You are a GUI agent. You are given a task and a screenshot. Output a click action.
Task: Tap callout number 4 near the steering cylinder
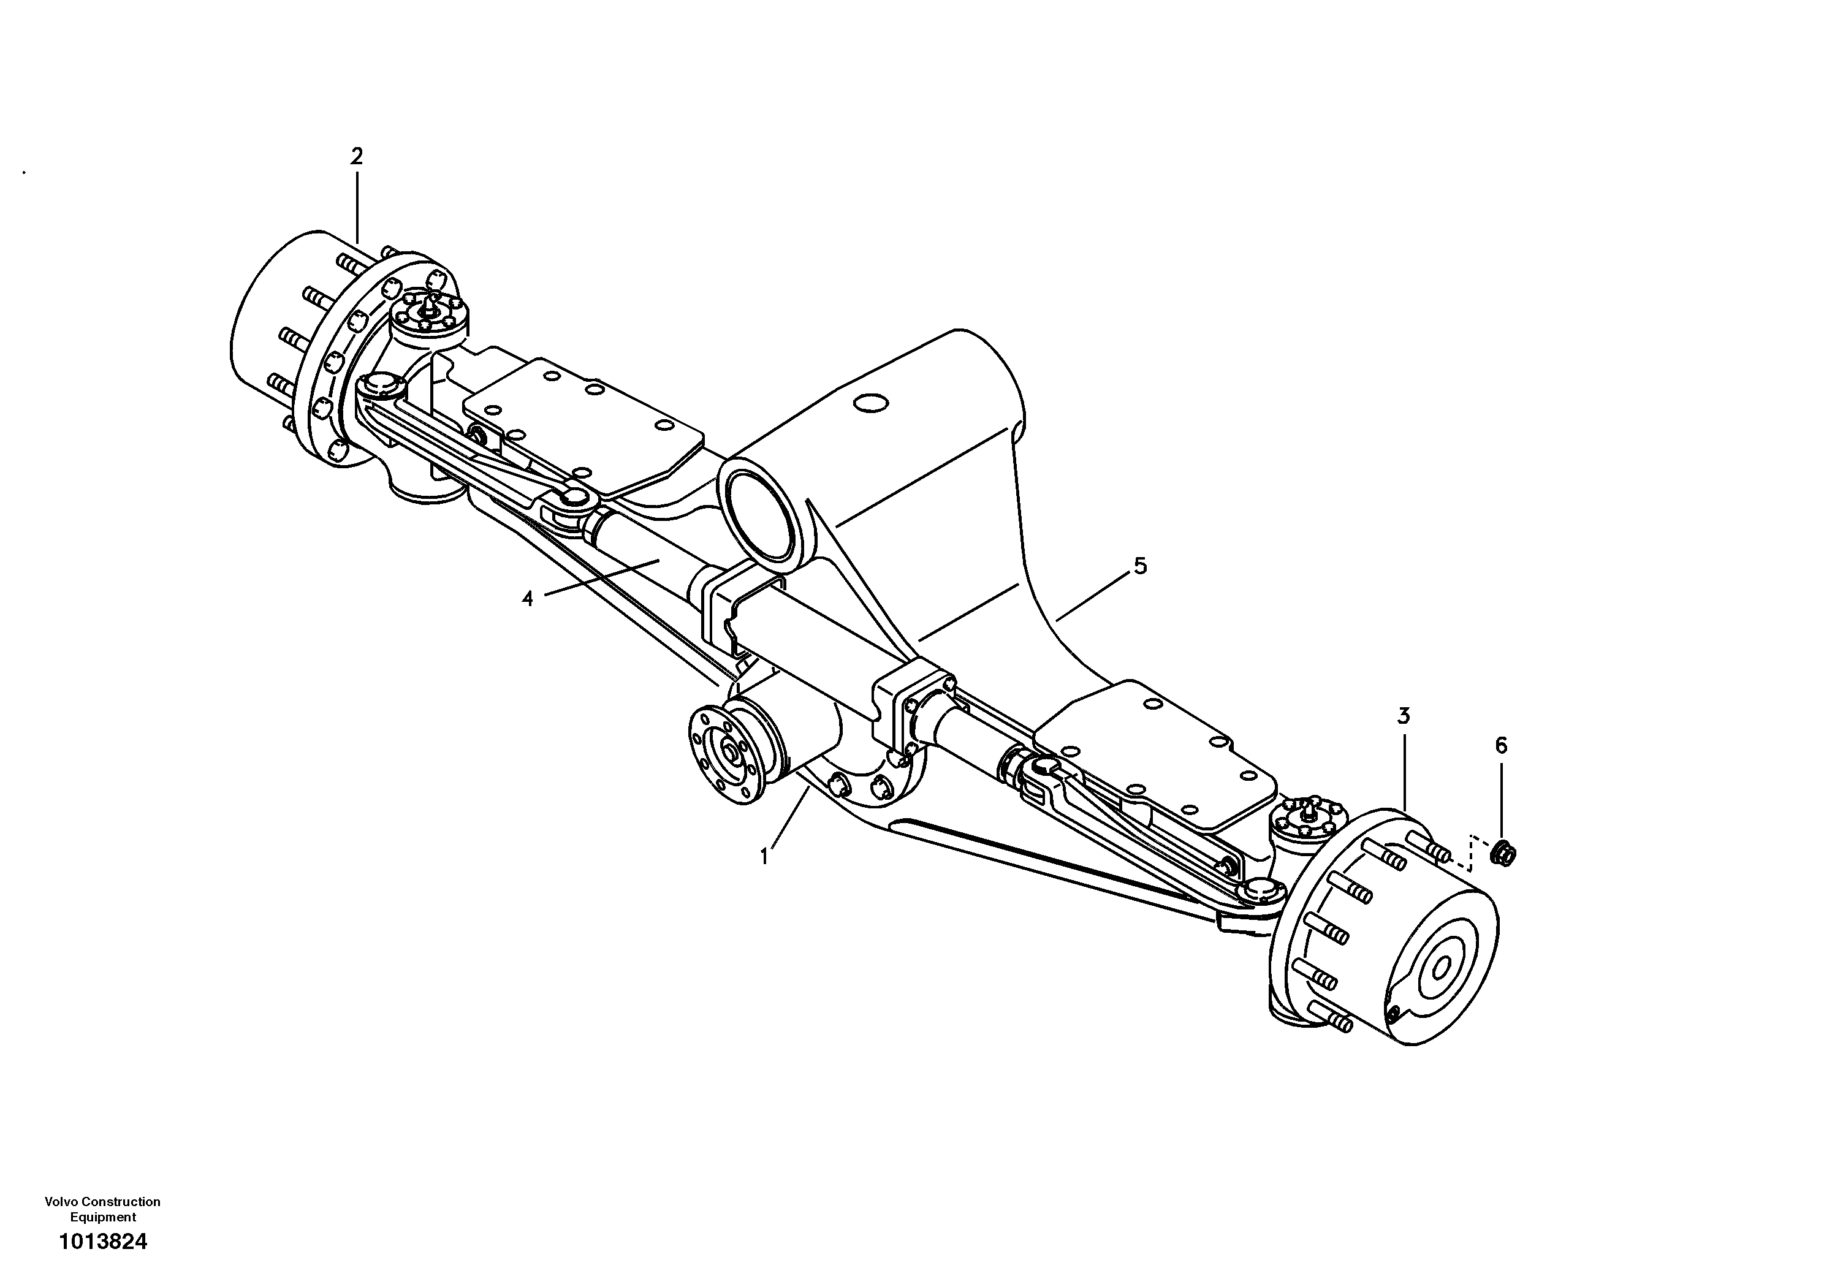pyautogui.click(x=528, y=598)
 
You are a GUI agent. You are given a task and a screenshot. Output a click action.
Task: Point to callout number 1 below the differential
pyautogui.click(x=764, y=857)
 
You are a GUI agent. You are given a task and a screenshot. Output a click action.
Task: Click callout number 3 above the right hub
pyautogui.click(x=1404, y=716)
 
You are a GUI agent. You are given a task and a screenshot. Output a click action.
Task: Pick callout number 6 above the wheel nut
pyautogui.click(x=1500, y=745)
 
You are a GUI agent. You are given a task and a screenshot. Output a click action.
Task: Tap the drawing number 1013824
pyautogui.click(x=104, y=1242)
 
